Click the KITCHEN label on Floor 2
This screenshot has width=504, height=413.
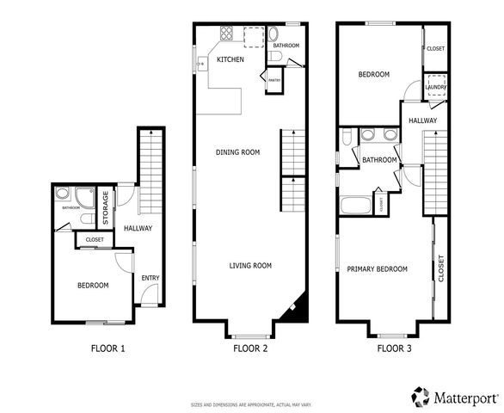tap(230, 59)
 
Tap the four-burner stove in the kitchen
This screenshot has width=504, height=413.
tap(229, 34)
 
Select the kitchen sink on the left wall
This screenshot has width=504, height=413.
tap(201, 62)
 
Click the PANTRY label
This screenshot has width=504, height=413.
tap(274, 81)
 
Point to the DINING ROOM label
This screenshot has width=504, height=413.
tap(237, 152)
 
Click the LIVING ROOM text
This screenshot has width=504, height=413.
tap(250, 266)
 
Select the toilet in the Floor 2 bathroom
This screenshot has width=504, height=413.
tap(274, 56)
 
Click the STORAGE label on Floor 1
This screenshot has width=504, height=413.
tap(105, 208)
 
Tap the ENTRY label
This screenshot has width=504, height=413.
tap(151, 278)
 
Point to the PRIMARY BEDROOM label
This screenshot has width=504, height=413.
tap(377, 269)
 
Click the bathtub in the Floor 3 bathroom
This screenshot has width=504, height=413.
tap(354, 206)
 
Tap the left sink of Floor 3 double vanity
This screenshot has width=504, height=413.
tap(367, 134)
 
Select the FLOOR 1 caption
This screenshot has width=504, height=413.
tap(108, 349)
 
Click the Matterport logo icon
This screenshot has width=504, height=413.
tap(420, 396)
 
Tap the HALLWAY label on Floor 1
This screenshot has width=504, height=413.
tap(138, 228)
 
